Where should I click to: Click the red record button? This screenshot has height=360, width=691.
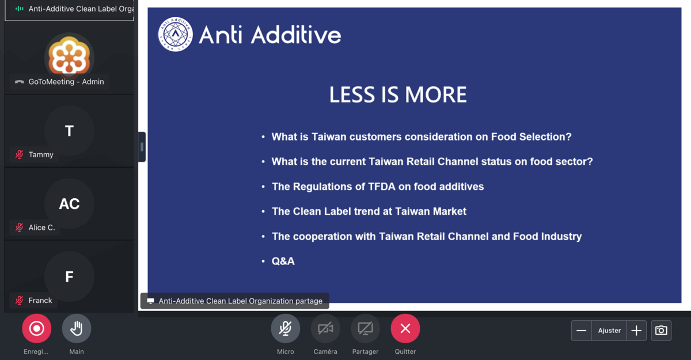[x=36, y=328]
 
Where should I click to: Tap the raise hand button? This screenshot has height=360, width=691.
[x=77, y=328]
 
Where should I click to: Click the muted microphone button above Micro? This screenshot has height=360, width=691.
[x=286, y=328]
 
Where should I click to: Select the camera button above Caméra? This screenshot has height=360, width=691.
[x=325, y=328]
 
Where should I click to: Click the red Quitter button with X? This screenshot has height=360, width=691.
[x=405, y=328]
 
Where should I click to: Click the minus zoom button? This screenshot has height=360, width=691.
[x=582, y=331]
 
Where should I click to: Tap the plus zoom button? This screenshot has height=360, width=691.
[x=636, y=331]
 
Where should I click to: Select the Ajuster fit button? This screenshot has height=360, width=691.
[x=609, y=331]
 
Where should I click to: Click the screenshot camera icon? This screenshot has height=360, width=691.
[x=661, y=331]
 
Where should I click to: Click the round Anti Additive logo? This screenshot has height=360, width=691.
[x=176, y=34]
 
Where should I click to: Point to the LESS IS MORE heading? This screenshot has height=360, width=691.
[x=398, y=94]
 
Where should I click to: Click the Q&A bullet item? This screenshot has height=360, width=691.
[x=283, y=262]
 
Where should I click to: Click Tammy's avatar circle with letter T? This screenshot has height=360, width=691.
[x=70, y=131]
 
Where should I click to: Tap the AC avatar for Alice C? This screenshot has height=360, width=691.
[x=70, y=203]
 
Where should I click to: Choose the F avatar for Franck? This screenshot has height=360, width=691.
[x=70, y=276]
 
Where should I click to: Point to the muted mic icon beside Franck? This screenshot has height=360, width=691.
[x=20, y=300]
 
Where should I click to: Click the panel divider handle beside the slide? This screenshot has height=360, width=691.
[x=142, y=147]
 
